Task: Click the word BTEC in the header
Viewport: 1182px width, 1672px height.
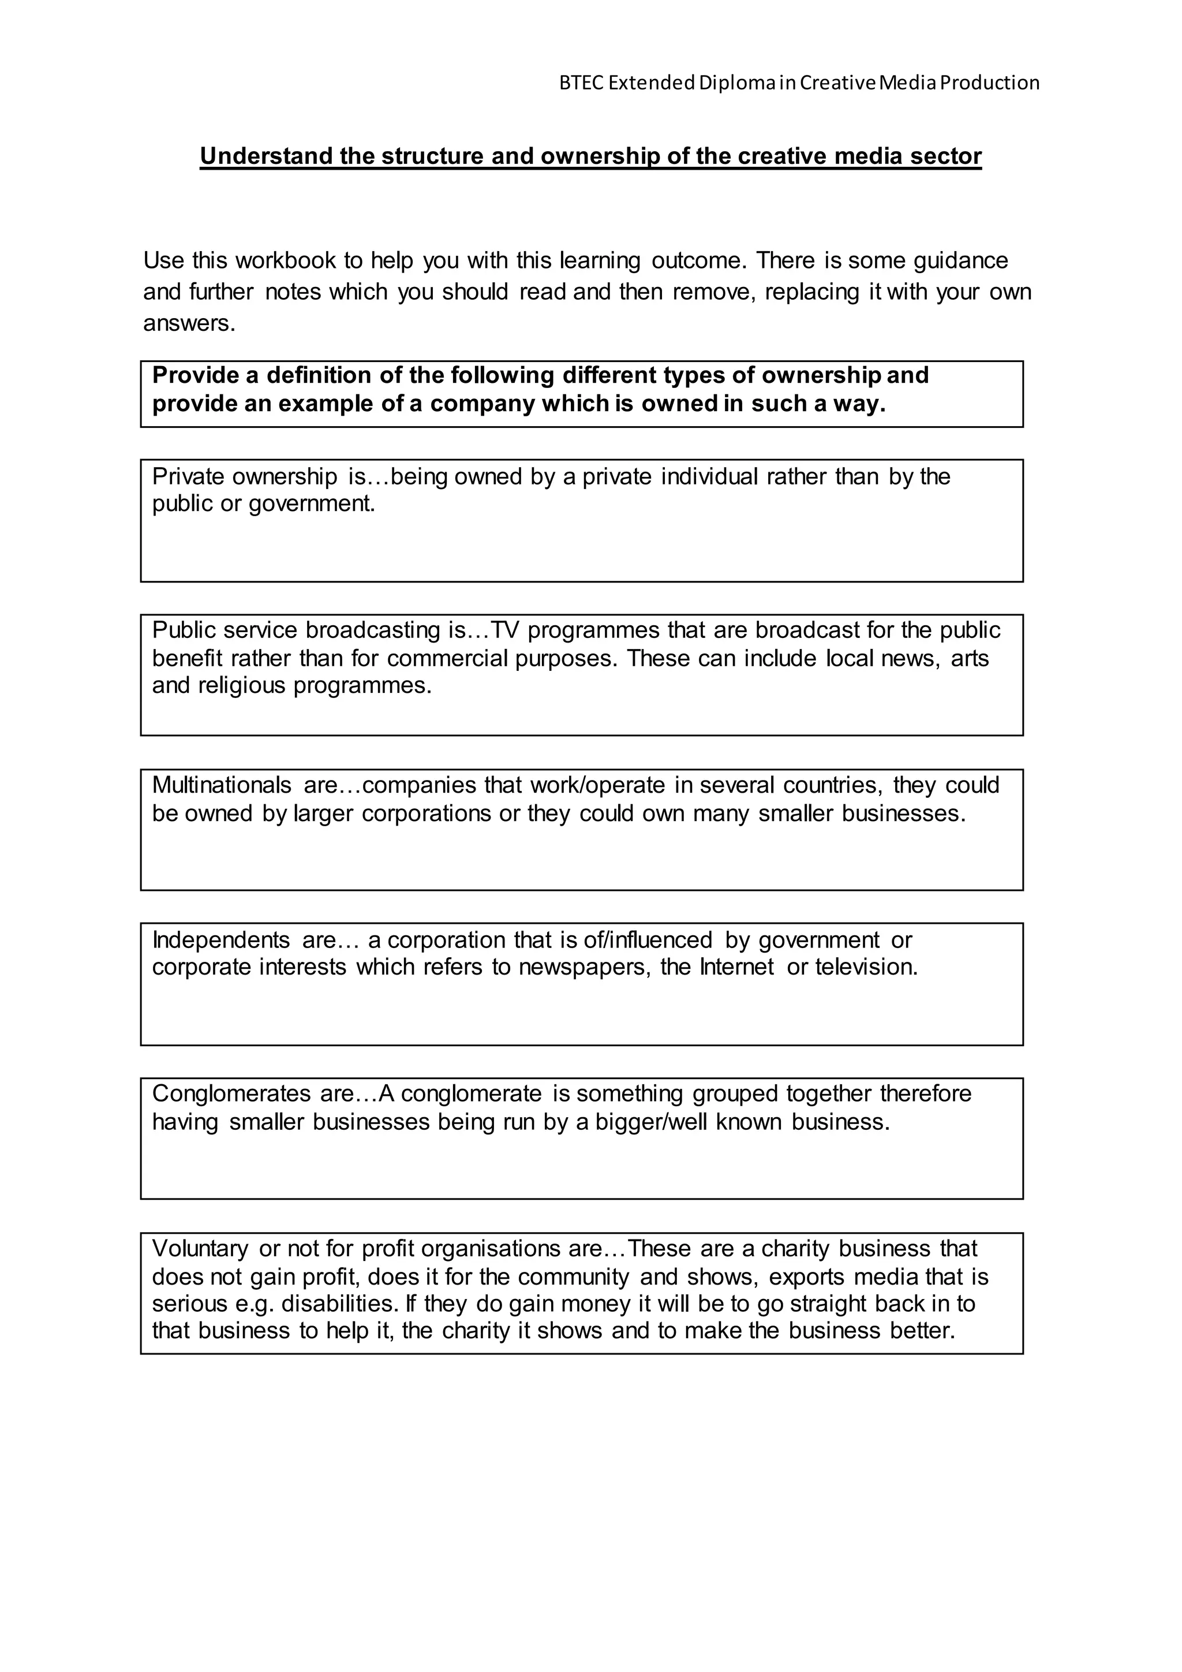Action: point(581,83)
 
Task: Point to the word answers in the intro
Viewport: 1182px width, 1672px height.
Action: point(188,323)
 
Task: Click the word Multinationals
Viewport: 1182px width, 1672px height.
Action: point(221,785)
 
